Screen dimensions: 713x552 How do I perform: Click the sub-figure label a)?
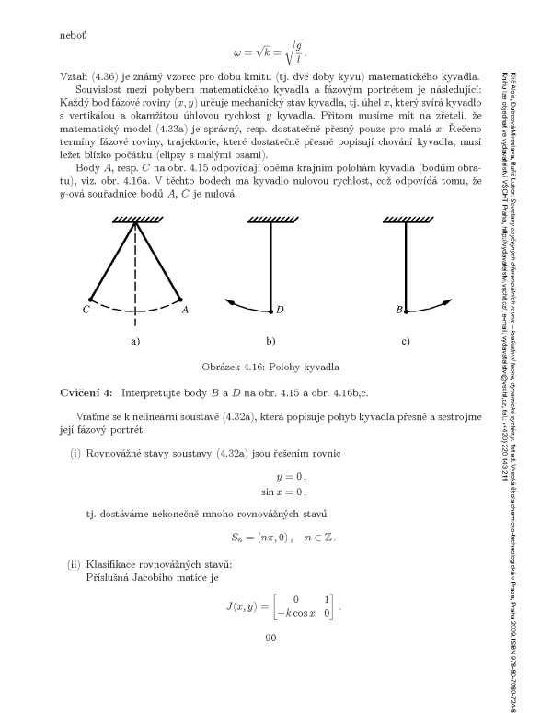coord(135,341)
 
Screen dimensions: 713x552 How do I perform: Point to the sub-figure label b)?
coord(270,341)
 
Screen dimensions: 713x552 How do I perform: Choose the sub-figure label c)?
coord(406,341)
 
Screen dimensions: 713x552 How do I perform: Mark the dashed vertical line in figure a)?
coord(135,276)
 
